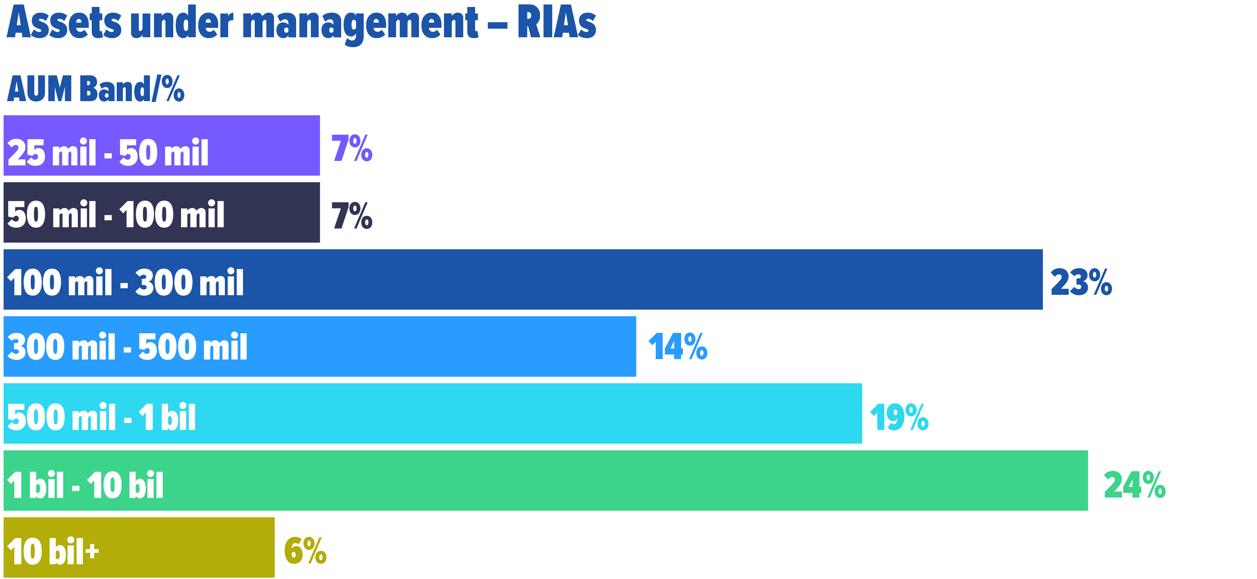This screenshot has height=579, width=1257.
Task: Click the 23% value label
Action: tap(1080, 283)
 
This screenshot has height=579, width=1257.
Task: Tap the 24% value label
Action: tap(1134, 485)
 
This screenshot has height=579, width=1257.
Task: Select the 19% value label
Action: tap(899, 418)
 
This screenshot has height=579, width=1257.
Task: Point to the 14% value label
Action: tap(677, 347)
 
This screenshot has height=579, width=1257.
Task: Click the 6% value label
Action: tap(305, 551)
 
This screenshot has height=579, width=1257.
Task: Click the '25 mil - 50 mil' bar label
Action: tap(108, 153)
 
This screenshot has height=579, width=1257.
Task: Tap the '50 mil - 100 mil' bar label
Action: tap(116, 215)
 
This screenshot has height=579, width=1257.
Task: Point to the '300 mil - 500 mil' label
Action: tap(127, 347)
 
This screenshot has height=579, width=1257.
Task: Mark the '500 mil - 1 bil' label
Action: tap(101, 418)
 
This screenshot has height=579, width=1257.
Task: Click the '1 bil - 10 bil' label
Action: tap(85, 485)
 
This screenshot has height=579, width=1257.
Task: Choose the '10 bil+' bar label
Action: tap(53, 552)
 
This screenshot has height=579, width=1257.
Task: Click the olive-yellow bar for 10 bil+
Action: tap(186, 547)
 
